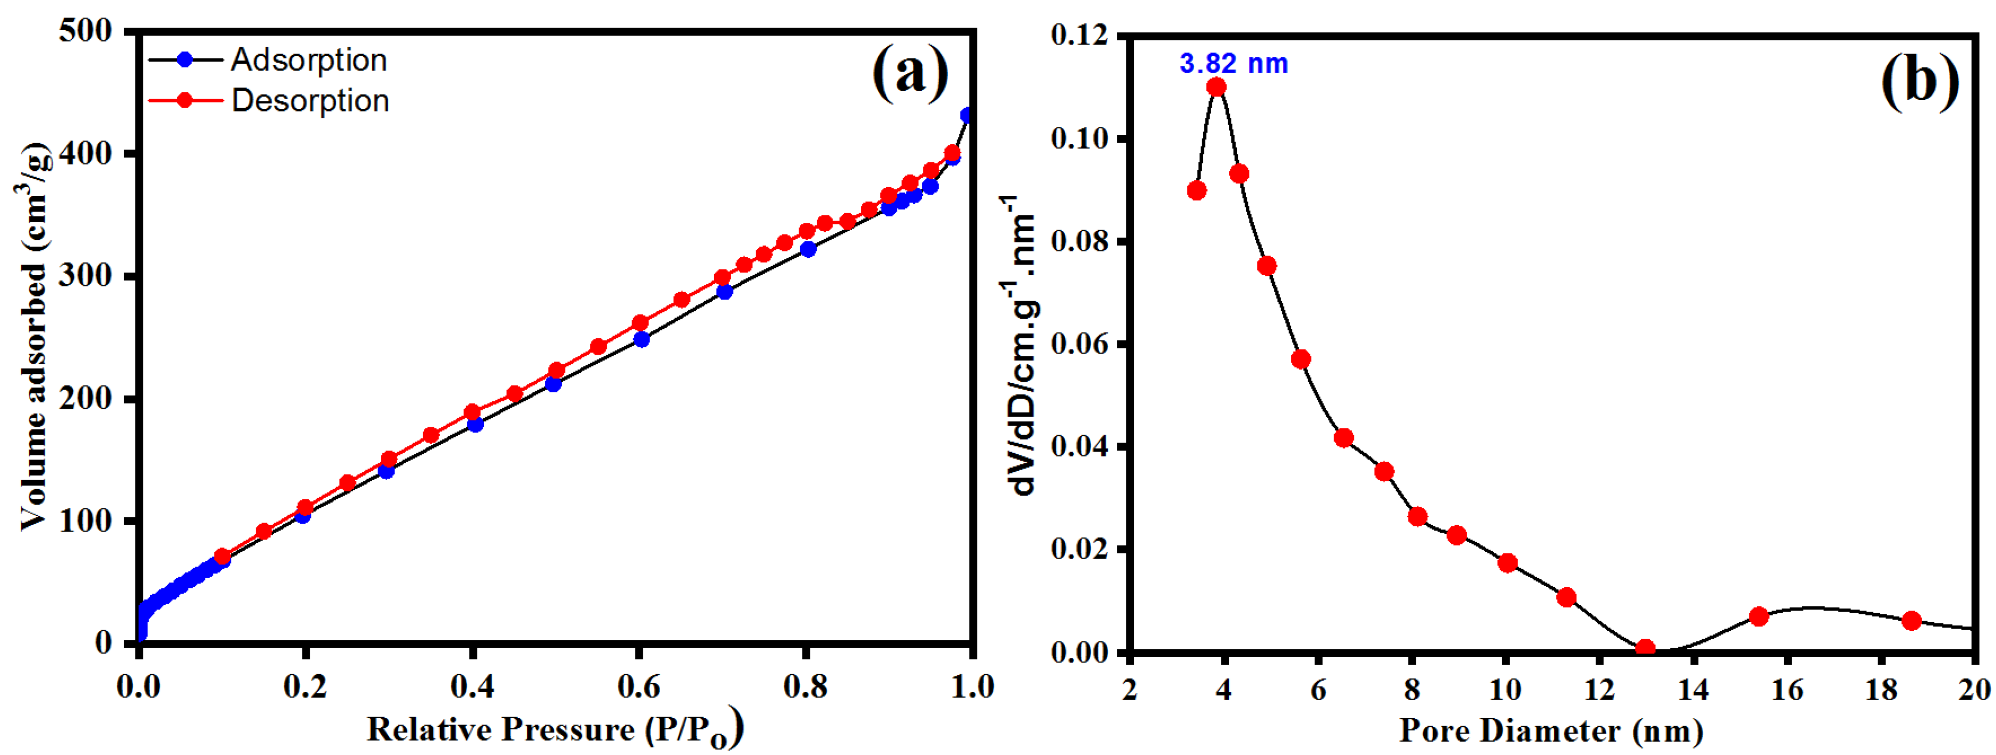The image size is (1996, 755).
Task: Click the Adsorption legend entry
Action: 308,60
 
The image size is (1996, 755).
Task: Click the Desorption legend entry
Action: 310,101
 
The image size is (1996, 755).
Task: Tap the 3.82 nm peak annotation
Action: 1234,64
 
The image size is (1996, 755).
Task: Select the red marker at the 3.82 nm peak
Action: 1217,87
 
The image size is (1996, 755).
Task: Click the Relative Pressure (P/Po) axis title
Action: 555,730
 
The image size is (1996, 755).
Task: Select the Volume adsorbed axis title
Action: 32,337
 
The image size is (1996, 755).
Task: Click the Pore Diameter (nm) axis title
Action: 1551,730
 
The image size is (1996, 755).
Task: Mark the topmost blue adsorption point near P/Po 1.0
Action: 967,115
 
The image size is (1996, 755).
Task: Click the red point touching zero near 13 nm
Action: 1646,649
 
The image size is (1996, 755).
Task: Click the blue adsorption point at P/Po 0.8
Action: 808,249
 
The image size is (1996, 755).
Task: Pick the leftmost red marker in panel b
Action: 1197,191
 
